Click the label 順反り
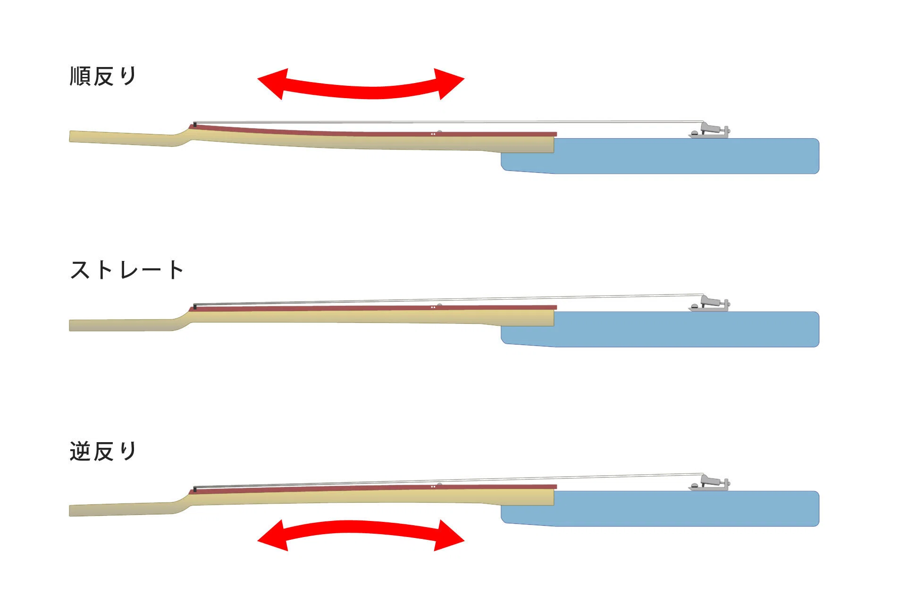coord(103,76)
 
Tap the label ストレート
coord(126,270)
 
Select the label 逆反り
coord(103,451)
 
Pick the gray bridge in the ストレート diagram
coord(709,304)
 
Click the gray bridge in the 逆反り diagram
coord(709,483)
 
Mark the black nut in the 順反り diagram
coord(195,125)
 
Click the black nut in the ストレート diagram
coord(195,307)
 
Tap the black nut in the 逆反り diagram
coord(195,489)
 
